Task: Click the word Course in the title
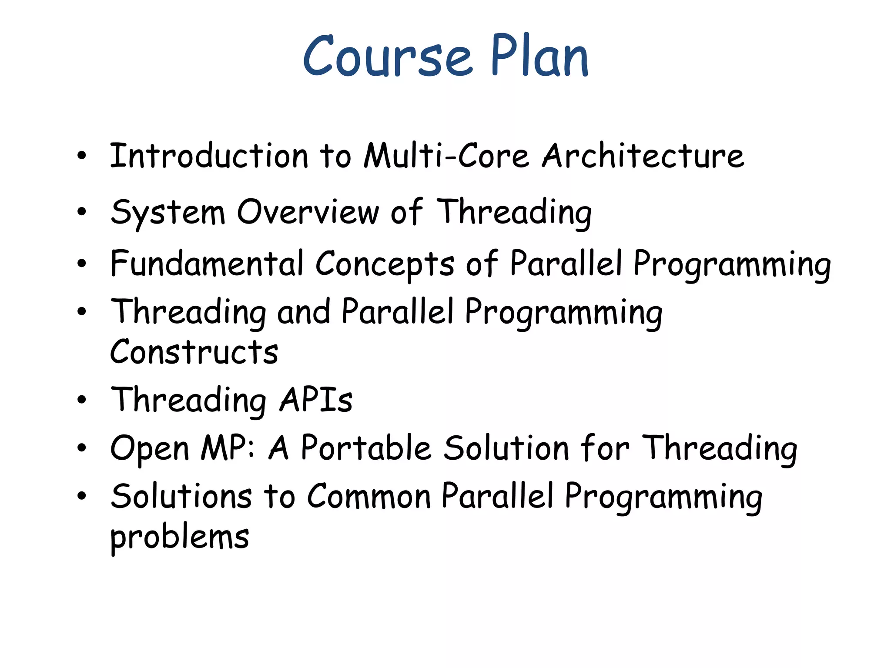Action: tap(387, 57)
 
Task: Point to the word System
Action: tap(168, 213)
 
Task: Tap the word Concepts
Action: tap(385, 264)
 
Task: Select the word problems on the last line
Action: tap(179, 538)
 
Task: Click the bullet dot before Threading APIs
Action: tap(82, 400)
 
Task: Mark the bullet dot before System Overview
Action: tap(82, 212)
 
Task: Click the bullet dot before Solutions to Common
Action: tap(82, 496)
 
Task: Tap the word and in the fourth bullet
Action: tap(303, 312)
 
